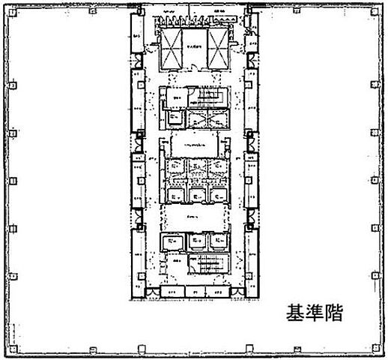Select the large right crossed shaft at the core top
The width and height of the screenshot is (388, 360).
pos(218,50)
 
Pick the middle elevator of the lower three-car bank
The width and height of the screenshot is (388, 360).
pos(197,241)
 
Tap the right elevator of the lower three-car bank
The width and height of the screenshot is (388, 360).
pos(218,241)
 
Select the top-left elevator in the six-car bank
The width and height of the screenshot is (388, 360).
pos(176,166)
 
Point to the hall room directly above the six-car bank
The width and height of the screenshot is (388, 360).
pos(195,142)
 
